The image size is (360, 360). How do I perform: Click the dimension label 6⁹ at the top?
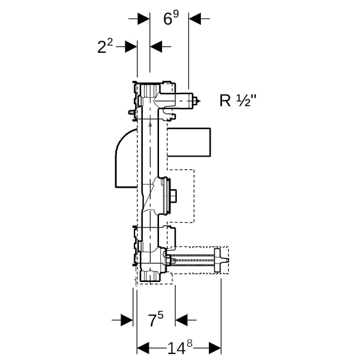(x=171, y=18)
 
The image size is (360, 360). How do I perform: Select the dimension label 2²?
(x=105, y=46)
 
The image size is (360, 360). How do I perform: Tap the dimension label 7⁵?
(x=156, y=319)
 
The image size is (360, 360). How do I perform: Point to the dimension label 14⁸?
(x=179, y=347)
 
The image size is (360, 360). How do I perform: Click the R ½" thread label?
(x=238, y=100)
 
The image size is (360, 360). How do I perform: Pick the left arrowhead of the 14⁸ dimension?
(x=143, y=348)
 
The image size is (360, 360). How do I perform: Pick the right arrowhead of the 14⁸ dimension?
(x=215, y=348)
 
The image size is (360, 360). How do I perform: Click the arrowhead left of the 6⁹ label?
(x=143, y=19)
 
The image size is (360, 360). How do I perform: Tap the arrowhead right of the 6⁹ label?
(x=194, y=19)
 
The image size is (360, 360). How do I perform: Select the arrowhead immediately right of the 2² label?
(x=131, y=47)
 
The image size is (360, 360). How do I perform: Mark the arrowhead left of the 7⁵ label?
(x=127, y=320)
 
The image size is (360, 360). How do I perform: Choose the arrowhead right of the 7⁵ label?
(x=181, y=320)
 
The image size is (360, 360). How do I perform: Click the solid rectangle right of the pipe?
(x=189, y=142)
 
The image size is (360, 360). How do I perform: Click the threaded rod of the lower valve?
(x=193, y=260)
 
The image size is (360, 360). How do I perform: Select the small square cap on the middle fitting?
(x=173, y=196)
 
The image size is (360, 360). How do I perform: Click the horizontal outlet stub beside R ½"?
(x=184, y=101)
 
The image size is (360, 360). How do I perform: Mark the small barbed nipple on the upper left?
(x=131, y=113)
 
